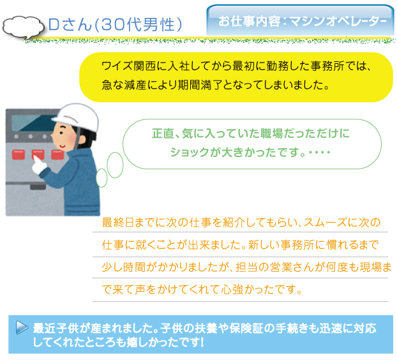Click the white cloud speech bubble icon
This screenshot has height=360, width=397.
coord(23,27)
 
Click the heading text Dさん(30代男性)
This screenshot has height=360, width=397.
coord(115,24)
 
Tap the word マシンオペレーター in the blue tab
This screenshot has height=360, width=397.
coord(338,21)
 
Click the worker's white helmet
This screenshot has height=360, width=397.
coord(76,117)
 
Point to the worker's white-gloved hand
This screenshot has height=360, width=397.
coord(39,165)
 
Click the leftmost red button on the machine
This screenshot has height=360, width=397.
coord(19,154)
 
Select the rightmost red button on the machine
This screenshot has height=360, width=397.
coord(57,154)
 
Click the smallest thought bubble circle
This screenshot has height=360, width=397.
coord(101,178)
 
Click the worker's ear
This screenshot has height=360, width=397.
coord(82,140)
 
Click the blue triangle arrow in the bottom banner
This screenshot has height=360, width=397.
coord(22,327)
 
